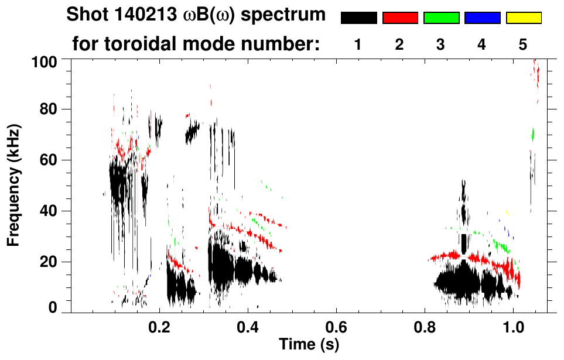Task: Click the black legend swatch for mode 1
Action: pos(358,18)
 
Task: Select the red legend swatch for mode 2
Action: pos(400,18)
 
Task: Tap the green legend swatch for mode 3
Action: pos(441,18)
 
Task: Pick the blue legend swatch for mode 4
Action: pos(482,18)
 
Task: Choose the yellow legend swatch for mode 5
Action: pos(524,18)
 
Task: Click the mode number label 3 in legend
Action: pos(440,45)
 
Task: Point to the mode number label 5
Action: pos(523,45)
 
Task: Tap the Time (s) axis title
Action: pos(308,344)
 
